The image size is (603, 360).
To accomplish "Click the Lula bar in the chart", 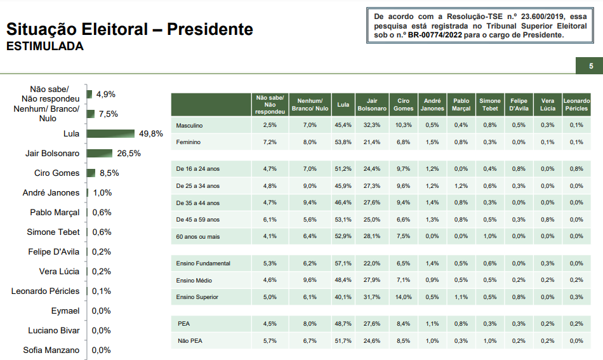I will [111, 133].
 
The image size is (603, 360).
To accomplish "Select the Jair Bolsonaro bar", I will [100, 153].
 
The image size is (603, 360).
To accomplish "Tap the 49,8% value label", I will [151, 134].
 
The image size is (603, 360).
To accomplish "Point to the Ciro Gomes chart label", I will [56, 173].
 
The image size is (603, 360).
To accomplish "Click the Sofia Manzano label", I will [51, 350].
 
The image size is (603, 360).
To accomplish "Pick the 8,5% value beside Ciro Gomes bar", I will [109, 173].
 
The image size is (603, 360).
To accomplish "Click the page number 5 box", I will [590, 66].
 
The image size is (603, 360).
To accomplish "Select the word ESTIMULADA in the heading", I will [44, 47].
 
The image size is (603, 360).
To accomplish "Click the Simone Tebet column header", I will [490, 104].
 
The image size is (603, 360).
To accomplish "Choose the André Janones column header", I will [432, 104].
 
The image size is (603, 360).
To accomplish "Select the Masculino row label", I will [189, 125].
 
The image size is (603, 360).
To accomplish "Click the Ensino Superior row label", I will [197, 297].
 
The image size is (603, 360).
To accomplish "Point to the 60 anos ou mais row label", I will [198, 236].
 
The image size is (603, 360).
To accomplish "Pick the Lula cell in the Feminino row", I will [343, 142].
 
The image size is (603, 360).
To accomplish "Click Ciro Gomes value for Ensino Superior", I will [403, 297].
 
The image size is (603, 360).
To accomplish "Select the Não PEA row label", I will [190, 341].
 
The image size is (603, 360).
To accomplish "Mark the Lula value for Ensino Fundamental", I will [343, 263].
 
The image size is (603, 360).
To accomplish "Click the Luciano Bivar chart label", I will [54, 330].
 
